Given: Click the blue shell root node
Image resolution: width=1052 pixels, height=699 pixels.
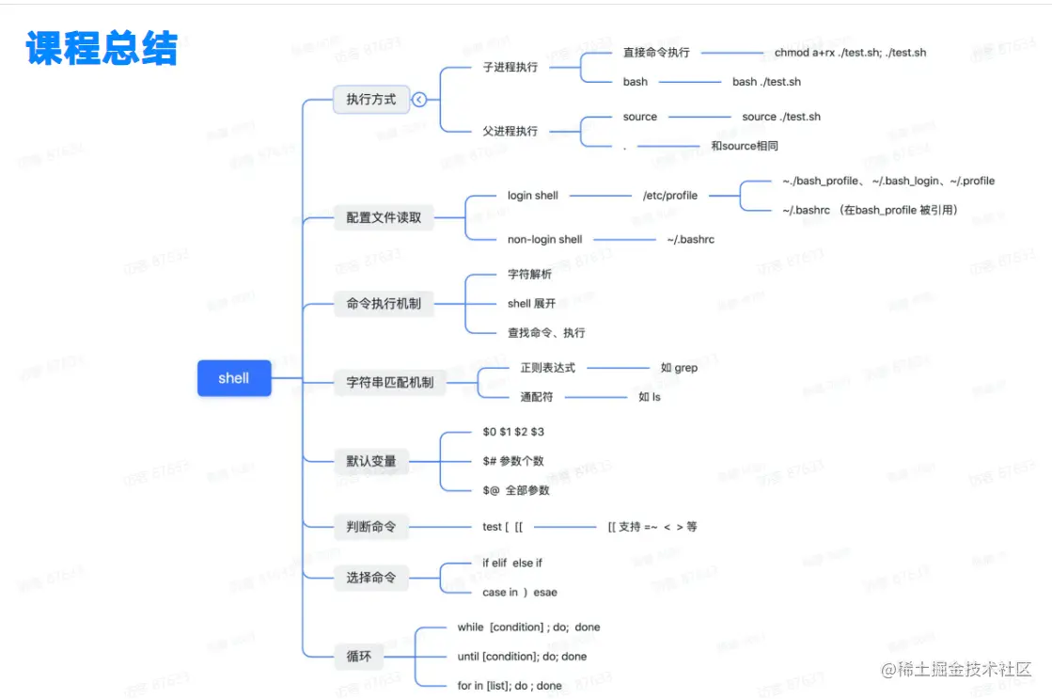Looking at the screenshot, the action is (234, 378).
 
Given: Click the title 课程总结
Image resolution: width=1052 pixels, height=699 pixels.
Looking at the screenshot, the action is (102, 48).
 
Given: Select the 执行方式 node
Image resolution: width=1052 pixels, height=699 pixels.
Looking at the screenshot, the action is (371, 99).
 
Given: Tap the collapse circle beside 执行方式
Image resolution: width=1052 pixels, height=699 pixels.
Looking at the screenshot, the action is (419, 99).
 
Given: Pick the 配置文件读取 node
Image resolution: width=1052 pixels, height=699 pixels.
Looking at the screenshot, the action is (384, 217).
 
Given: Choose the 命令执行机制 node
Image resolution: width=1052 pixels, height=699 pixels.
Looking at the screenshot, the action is (384, 304).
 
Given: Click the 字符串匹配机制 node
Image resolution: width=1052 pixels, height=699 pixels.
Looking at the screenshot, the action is (390, 383).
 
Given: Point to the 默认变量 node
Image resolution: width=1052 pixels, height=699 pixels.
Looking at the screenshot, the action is (371, 461).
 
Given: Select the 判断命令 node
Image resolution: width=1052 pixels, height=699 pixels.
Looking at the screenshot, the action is (371, 527).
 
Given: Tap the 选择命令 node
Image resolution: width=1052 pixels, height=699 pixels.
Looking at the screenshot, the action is (371, 578).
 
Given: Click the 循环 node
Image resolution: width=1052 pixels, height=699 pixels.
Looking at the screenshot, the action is (359, 656).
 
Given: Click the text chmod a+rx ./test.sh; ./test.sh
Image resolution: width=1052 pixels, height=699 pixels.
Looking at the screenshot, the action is (850, 53).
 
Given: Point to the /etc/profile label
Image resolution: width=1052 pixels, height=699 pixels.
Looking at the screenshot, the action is (670, 196).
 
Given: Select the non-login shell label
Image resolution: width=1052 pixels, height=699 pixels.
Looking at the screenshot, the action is (544, 240).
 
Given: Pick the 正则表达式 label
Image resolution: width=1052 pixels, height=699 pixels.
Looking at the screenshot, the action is (547, 368).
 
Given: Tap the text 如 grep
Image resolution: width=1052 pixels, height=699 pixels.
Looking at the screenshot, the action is (679, 368).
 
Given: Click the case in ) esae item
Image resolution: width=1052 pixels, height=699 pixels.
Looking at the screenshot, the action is (519, 593).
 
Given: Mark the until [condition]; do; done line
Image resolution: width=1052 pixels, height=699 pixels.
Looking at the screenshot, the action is (522, 657).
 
